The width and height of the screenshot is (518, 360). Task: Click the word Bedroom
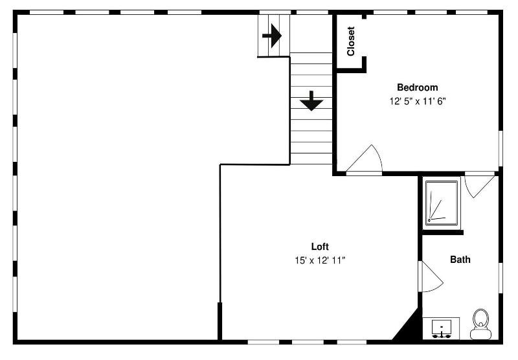click(417, 87)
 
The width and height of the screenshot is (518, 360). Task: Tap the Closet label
click(351, 41)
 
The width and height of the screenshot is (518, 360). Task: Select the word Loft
click(320, 247)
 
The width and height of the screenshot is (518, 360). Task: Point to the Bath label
click(460, 260)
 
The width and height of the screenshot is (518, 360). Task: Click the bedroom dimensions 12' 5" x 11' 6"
click(418, 102)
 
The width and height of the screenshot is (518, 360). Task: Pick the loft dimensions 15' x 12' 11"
click(320, 260)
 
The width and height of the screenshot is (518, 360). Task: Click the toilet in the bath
click(480, 324)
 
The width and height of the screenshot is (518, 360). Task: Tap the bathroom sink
click(442, 328)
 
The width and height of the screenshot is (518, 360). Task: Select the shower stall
click(442, 203)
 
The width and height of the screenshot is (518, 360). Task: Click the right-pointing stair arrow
click(272, 36)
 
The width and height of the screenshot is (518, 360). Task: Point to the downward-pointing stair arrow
click(311, 101)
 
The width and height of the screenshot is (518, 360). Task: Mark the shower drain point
click(429, 220)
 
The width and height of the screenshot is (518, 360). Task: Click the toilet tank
click(480, 334)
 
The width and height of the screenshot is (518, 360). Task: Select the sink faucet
click(442, 335)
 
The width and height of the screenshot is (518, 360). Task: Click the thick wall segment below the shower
click(443, 232)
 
